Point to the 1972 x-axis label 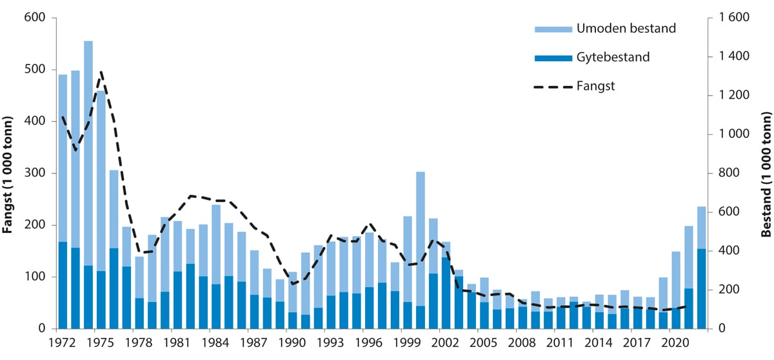(63, 342)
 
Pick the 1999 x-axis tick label (407, 342)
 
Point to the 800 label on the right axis (726, 174)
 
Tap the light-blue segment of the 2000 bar (420, 239)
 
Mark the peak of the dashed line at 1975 (101, 72)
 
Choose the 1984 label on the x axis (215, 342)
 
